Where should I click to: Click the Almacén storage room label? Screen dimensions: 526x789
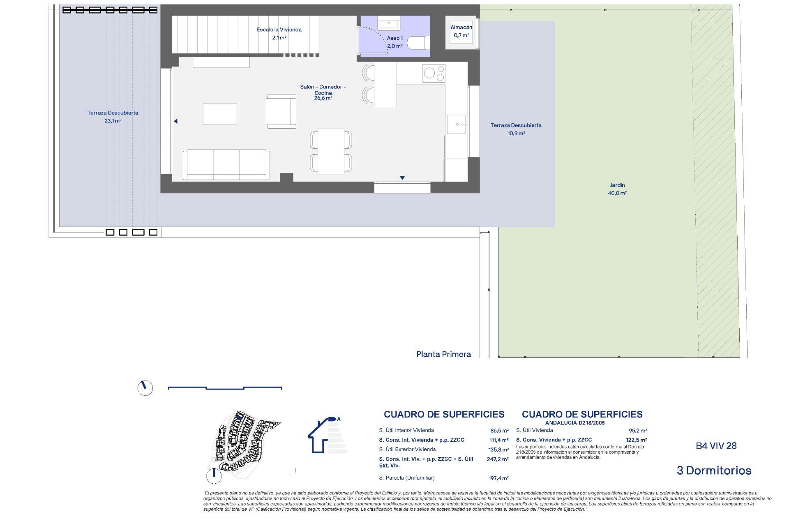coord(461,31)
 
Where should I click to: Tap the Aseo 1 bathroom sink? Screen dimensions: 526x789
coord(389,24)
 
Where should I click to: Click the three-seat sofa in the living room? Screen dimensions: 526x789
coord(226,164)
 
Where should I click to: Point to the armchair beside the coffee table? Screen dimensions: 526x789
coord(281,111)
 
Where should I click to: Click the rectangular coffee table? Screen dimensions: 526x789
coord(220,114)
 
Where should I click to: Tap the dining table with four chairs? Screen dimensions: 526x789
coord(331,151)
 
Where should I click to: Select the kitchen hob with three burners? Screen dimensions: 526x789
coord(434,74)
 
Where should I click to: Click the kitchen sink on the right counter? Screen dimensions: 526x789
coord(456,124)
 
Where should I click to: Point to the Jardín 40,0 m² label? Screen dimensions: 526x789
coord(617,189)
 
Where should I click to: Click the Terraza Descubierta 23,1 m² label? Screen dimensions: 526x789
coord(113,117)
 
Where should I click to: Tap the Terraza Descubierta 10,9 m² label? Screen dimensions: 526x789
coord(516,129)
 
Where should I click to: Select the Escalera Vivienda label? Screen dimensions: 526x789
coord(279,33)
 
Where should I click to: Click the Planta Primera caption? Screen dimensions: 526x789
coord(443,354)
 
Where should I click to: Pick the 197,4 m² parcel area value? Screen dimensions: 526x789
coord(499,478)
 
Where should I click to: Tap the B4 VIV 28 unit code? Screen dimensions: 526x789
coord(716,446)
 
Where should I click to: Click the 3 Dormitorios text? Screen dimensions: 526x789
coord(714,471)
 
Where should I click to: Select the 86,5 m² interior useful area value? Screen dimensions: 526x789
coord(499,431)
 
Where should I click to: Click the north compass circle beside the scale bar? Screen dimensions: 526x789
coord(145,388)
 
